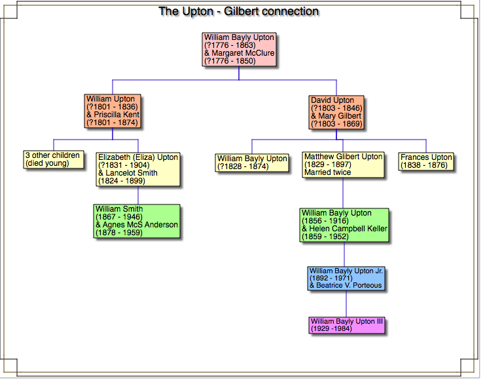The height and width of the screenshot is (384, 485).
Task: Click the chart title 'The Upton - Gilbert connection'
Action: (x=239, y=12)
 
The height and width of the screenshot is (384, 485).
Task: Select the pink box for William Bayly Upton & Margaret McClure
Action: (x=239, y=49)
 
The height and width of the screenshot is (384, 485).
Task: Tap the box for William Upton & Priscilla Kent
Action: (x=113, y=111)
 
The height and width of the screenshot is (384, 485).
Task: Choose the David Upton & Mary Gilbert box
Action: (x=336, y=112)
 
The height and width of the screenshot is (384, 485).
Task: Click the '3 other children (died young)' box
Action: (x=53, y=159)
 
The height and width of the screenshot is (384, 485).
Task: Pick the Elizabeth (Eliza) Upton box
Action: (x=138, y=169)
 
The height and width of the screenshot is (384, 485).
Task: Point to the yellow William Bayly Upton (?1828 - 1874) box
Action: (x=252, y=163)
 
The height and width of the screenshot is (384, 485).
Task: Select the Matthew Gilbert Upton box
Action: (x=343, y=164)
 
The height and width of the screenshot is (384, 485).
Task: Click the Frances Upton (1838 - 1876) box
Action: (x=426, y=161)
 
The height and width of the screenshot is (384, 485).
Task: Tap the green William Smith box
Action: (x=137, y=221)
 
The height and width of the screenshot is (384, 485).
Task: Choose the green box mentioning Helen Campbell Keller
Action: (x=344, y=225)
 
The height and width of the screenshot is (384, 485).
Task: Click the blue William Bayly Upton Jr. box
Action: (x=346, y=278)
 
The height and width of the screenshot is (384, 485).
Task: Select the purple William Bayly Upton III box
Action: (x=347, y=325)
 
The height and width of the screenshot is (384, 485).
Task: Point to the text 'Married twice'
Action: (x=328, y=172)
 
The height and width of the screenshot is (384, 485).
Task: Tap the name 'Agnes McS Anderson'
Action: (x=137, y=225)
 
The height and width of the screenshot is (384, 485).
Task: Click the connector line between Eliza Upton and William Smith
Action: (x=138, y=196)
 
